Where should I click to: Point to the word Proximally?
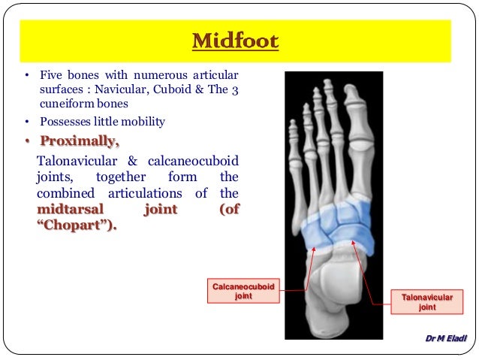coord(80,141)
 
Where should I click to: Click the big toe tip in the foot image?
coord(352,94)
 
